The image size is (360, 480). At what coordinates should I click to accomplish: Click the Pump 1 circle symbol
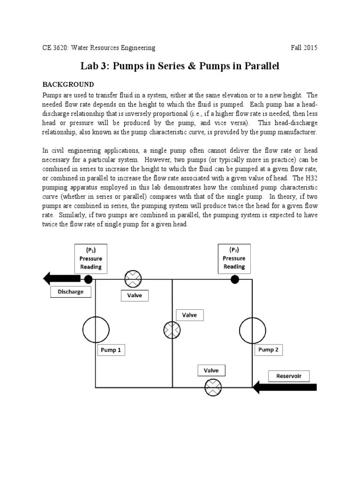tap(96, 330)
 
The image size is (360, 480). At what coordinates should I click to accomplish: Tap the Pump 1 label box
tap(111, 350)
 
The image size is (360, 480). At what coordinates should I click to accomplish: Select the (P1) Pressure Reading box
tap(90, 258)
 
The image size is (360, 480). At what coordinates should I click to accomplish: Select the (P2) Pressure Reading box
tap(234, 258)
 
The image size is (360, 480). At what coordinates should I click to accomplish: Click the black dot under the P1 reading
tap(88, 279)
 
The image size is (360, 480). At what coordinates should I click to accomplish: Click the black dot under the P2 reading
tap(235, 279)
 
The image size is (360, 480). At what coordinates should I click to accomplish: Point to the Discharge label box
tap(71, 292)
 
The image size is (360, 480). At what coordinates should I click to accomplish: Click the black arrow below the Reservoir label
tap(285, 387)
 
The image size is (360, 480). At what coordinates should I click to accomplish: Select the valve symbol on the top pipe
tap(133, 280)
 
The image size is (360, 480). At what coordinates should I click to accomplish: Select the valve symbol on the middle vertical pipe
tap(172, 330)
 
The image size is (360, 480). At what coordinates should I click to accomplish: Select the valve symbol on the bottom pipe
tap(213, 388)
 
